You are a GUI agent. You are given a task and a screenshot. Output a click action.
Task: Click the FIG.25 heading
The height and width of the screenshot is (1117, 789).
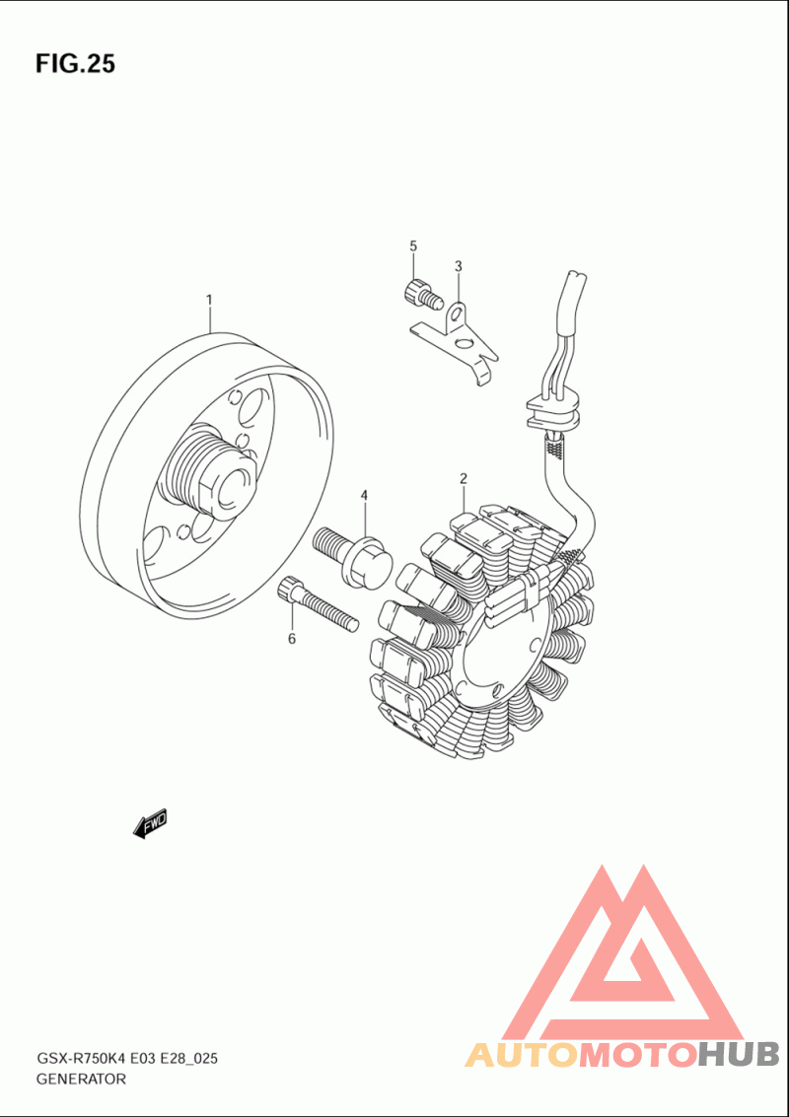point(75,64)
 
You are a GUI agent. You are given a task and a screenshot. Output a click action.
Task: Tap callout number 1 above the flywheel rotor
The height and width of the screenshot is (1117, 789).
point(209,301)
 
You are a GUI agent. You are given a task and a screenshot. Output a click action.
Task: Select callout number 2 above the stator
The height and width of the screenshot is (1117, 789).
point(463,478)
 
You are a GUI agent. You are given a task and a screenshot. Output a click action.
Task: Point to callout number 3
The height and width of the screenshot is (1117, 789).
point(459,266)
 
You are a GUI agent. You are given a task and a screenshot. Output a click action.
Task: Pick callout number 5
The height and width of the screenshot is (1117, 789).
point(412,245)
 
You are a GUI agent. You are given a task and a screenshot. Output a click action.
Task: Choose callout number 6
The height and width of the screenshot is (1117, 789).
point(291,639)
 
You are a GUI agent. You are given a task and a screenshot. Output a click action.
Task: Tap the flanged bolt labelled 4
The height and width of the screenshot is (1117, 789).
point(353,556)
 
